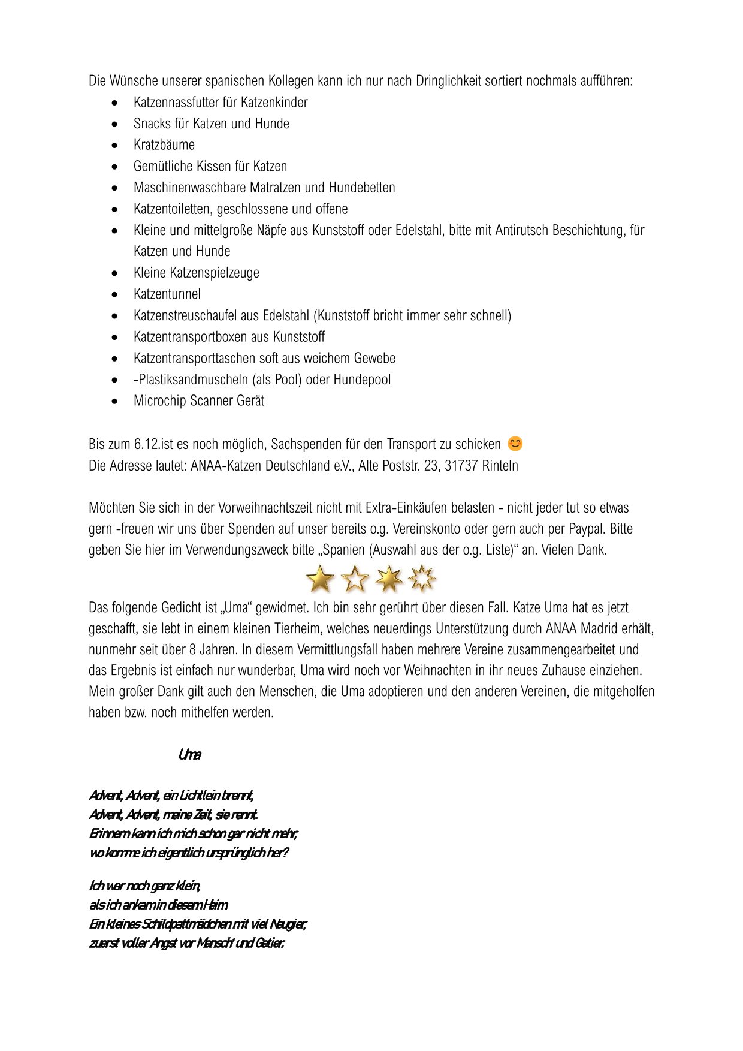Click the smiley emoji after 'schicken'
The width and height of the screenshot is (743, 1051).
click(515, 444)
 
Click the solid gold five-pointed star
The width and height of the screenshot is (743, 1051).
click(320, 579)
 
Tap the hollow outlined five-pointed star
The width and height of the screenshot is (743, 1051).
click(355, 579)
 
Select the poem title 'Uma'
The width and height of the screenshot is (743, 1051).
click(189, 755)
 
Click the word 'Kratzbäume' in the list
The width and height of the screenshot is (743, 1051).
click(164, 145)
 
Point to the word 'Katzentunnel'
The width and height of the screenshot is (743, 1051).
click(167, 294)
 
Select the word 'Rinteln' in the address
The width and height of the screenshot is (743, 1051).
click(500, 466)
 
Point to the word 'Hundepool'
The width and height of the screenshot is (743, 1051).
click(362, 380)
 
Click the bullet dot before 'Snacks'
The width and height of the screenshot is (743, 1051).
click(115, 124)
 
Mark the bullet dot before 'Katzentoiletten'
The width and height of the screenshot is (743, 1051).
click(115, 209)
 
